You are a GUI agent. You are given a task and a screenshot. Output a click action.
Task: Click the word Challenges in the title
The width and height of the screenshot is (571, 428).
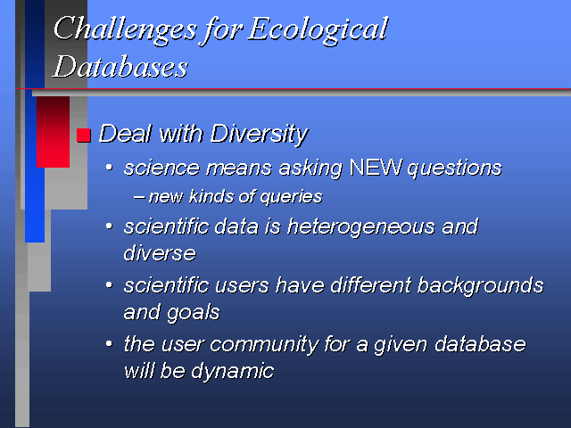tap(125, 30)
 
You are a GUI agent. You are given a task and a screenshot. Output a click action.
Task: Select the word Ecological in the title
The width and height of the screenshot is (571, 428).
tap(318, 30)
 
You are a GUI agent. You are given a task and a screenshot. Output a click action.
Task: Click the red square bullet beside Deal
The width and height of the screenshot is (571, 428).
tap(83, 136)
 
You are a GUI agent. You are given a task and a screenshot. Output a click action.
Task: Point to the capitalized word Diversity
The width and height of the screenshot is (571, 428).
tap(259, 135)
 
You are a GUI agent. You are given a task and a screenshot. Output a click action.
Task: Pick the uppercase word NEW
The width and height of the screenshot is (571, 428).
tap(375, 168)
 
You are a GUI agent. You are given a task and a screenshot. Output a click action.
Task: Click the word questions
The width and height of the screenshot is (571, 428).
tap(454, 169)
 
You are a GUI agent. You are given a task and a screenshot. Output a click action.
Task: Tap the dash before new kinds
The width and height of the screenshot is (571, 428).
tap(139, 198)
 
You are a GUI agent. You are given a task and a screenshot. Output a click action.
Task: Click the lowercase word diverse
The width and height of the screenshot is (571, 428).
tap(160, 253)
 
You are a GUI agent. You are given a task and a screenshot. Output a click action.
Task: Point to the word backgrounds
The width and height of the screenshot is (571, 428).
tap(480, 286)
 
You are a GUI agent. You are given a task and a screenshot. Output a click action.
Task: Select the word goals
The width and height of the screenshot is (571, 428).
tap(193, 313)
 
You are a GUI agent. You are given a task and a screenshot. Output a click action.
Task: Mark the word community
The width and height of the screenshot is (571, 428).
tap(264, 345)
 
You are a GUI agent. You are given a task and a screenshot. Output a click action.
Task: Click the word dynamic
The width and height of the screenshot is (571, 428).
tap(232, 372)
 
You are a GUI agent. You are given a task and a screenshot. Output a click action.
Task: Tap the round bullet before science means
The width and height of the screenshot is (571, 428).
tap(109, 168)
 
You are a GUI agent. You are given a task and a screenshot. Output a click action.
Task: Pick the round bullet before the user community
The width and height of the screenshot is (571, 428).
tap(109, 343)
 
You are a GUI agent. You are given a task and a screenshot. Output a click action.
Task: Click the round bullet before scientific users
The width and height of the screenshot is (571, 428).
tap(109, 284)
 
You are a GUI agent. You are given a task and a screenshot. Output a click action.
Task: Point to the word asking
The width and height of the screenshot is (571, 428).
tap(310, 169)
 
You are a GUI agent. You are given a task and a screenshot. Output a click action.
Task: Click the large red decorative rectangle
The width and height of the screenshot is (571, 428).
tap(53, 132)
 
